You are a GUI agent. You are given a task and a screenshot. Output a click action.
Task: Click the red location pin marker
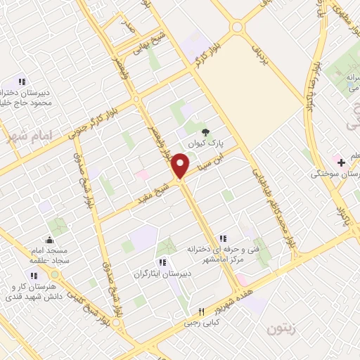(181, 166)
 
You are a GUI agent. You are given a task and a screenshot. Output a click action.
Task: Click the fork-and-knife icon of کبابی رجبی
(201, 311)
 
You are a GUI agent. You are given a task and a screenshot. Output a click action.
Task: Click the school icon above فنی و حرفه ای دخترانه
(224, 238)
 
